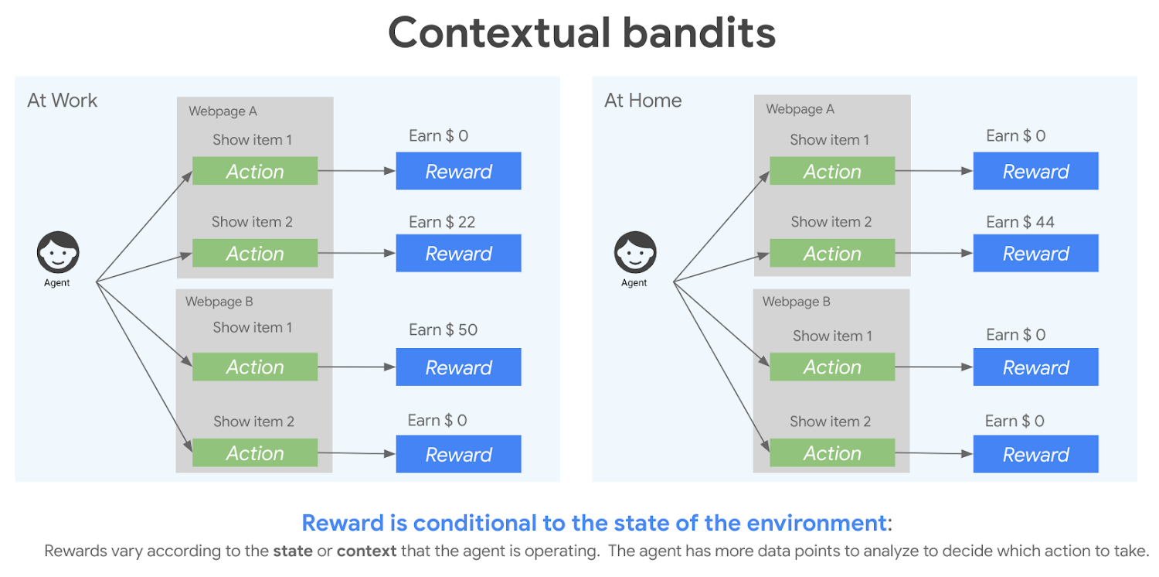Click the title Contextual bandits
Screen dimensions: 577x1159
tap(581, 32)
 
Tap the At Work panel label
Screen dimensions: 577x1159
tap(63, 101)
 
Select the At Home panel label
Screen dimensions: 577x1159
tap(643, 101)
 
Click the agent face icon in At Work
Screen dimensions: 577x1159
tap(58, 252)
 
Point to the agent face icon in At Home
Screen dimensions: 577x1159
tap(635, 252)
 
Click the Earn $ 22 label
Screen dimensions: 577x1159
tap(442, 222)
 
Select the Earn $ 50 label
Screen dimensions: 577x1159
tap(443, 329)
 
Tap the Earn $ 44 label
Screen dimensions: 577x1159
tap(1020, 222)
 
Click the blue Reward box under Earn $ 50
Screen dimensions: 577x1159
tap(458, 367)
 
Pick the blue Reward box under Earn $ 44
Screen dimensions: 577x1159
tap(1035, 254)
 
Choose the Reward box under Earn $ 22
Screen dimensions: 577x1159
tap(458, 254)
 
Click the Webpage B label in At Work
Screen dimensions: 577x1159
tap(219, 302)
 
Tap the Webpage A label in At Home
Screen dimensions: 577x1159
tap(800, 109)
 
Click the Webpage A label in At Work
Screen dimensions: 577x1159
tap(223, 111)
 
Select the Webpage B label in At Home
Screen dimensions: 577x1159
tap(796, 302)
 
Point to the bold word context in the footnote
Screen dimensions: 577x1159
tap(366, 551)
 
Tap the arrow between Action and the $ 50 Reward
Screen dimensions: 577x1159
tap(356, 367)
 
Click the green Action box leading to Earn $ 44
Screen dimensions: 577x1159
tap(832, 254)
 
